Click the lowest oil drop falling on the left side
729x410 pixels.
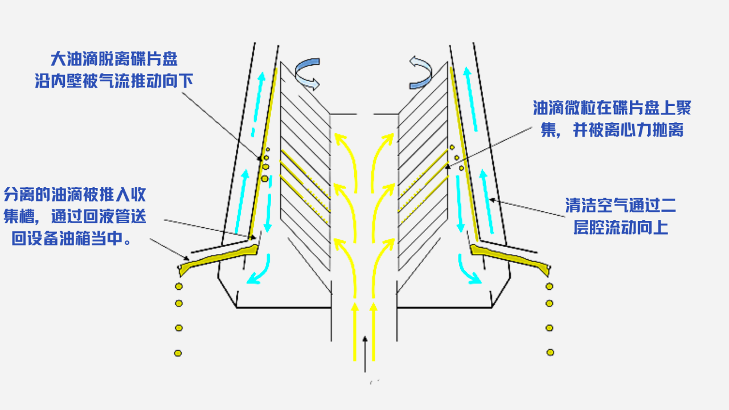pyautogui.click(x=178, y=353)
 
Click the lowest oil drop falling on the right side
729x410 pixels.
pyautogui.click(x=550, y=352)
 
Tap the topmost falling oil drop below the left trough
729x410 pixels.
pyautogui.click(x=178, y=285)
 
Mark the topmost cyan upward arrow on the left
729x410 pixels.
pyautogui.click(x=261, y=91)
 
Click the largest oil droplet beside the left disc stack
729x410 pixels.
pyautogui.click(x=264, y=179)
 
